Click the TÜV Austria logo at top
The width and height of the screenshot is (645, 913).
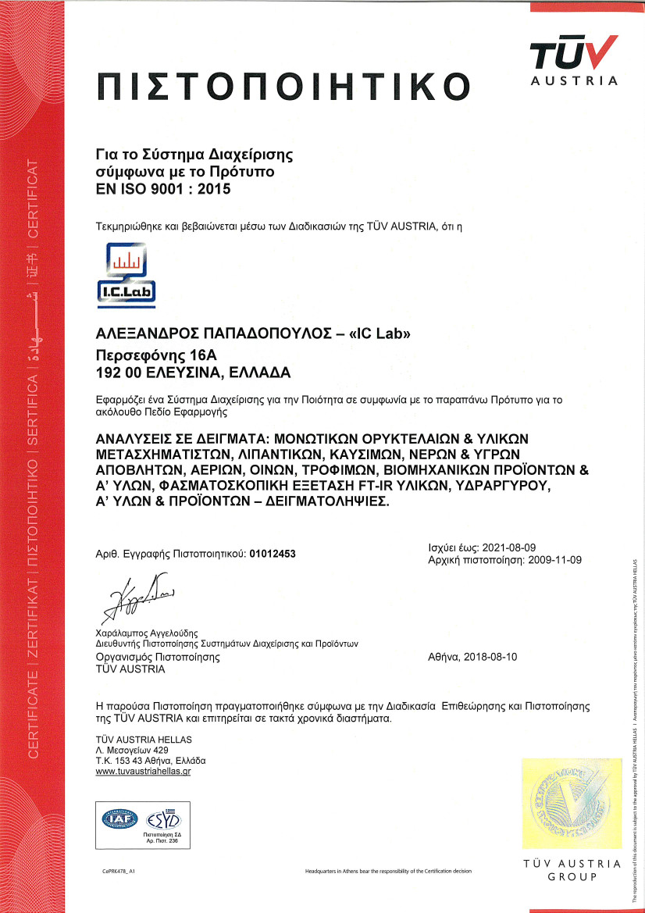point(574,60)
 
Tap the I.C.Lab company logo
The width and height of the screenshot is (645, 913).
point(125,273)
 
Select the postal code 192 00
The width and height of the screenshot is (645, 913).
point(116,370)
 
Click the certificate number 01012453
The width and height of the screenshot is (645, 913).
point(273,554)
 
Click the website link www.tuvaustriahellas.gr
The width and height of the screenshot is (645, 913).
point(143,771)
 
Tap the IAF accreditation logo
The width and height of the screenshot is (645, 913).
point(121,819)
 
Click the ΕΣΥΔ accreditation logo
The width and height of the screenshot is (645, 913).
point(163,819)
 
